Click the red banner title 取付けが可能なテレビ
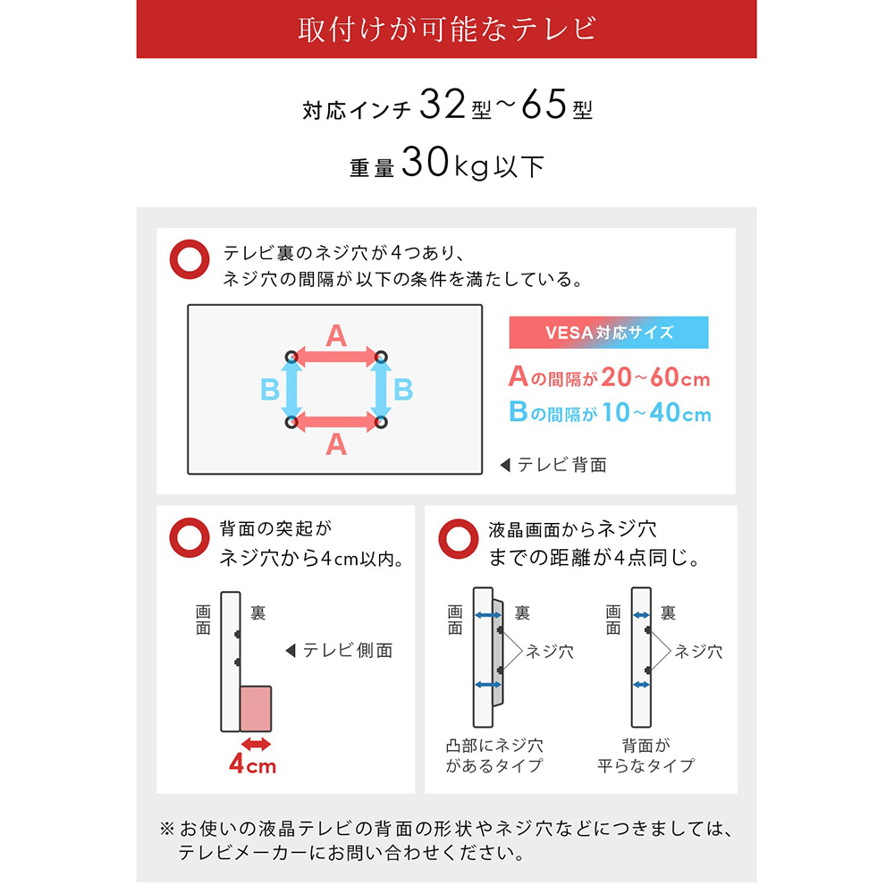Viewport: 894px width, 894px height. click(x=446, y=29)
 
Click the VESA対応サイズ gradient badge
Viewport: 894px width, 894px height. click(x=608, y=333)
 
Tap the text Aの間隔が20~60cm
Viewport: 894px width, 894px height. click(x=609, y=378)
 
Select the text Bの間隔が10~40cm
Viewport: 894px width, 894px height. click(x=610, y=412)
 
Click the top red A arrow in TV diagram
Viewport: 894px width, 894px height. click(x=336, y=357)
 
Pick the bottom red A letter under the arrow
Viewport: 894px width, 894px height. click(x=336, y=443)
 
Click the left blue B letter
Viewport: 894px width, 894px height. click(x=269, y=390)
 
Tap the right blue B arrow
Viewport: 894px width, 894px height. click(x=382, y=389)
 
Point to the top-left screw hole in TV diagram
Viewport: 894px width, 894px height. click(x=291, y=357)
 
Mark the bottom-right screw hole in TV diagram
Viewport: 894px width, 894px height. click(x=382, y=421)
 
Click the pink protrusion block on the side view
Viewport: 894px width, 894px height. click(x=256, y=707)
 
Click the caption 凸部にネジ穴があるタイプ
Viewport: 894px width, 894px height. click(x=494, y=755)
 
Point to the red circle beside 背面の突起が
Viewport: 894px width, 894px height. click(x=188, y=539)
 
